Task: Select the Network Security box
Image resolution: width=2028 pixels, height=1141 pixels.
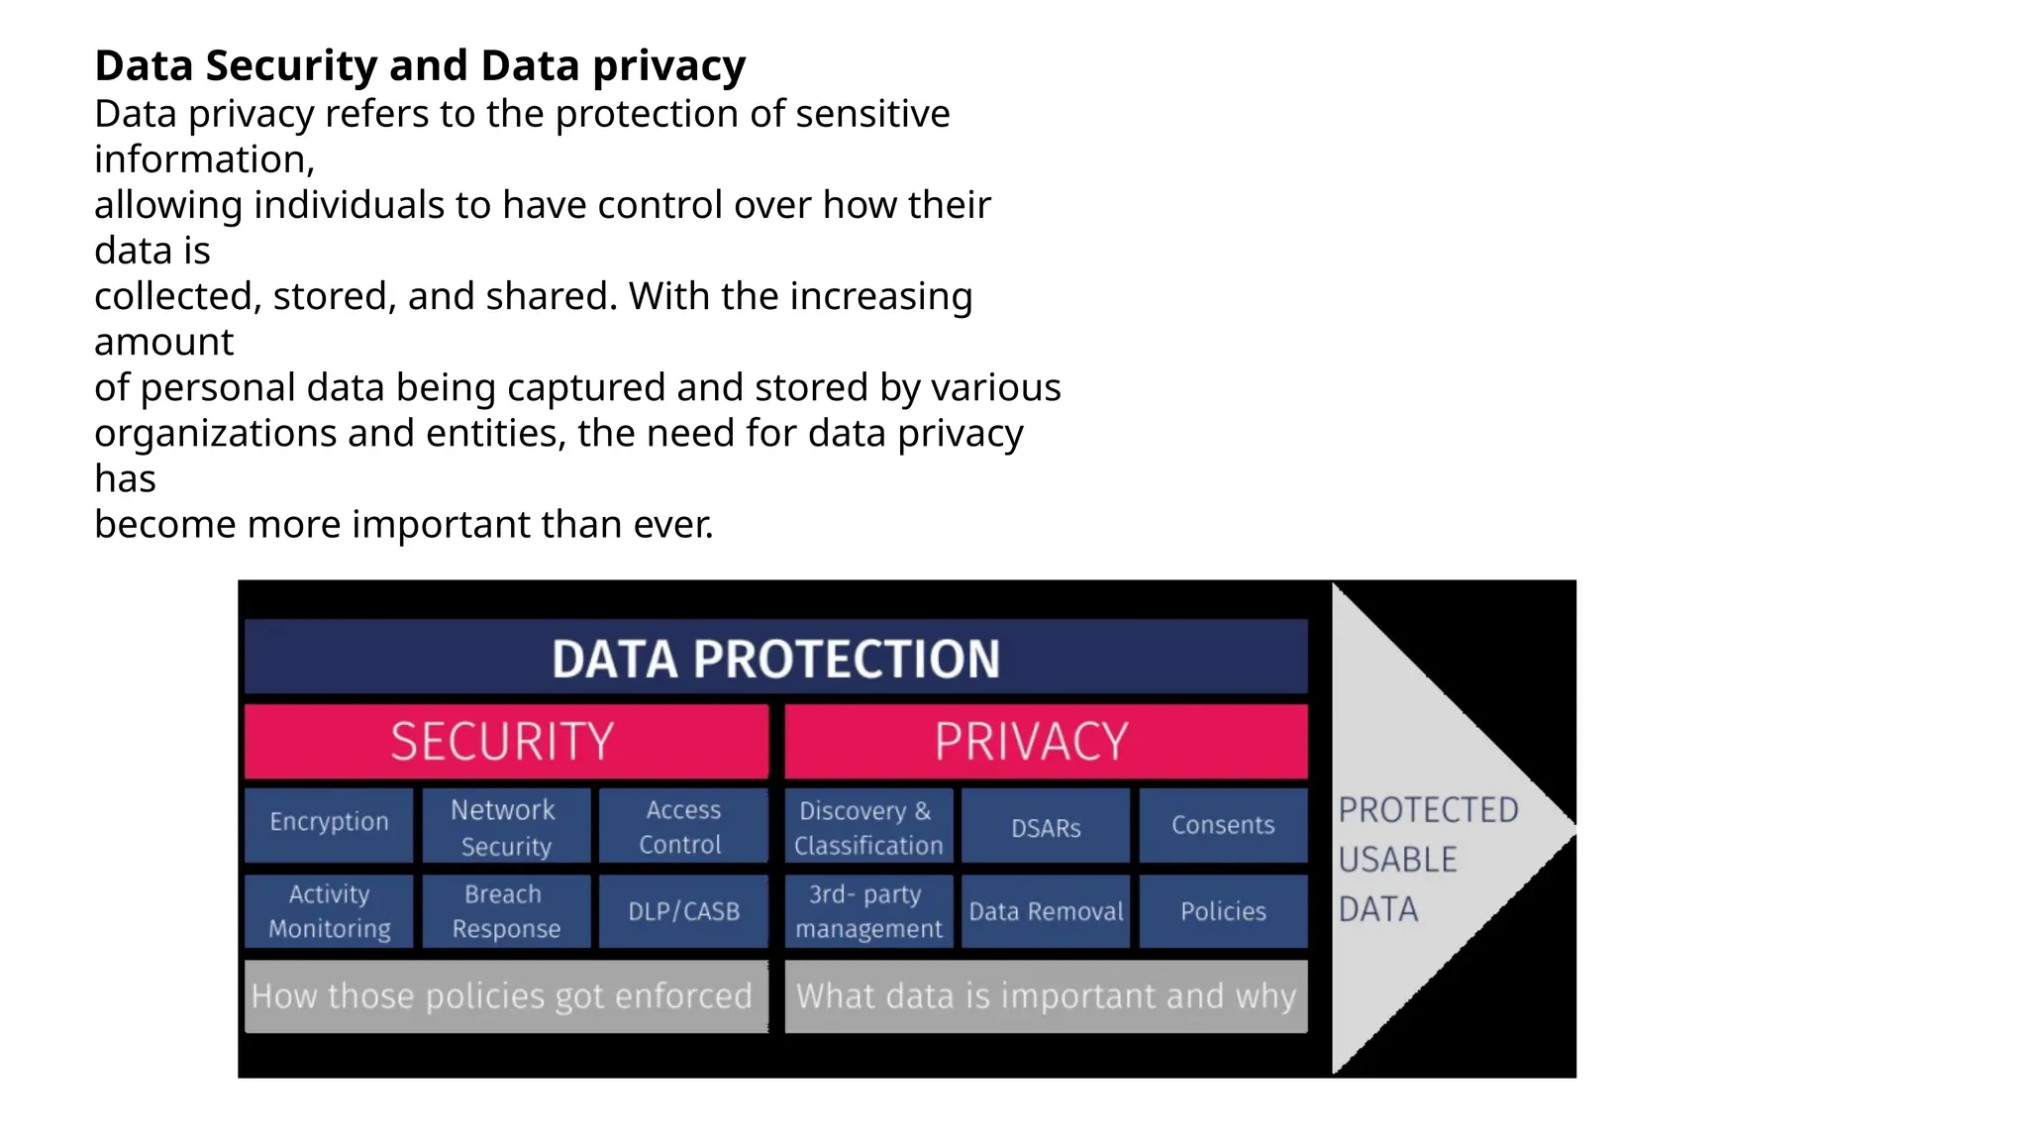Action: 506,826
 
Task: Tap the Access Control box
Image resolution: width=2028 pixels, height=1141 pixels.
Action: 683,826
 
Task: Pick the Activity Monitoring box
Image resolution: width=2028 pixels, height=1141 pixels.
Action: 329,911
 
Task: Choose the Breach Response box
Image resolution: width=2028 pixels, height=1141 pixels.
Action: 506,911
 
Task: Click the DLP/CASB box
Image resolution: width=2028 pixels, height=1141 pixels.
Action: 683,911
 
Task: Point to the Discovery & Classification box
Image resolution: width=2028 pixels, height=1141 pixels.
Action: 868,826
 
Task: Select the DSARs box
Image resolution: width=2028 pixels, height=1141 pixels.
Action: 1046,826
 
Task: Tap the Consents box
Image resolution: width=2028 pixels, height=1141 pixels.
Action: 1223,826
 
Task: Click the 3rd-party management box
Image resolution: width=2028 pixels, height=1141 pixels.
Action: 868,911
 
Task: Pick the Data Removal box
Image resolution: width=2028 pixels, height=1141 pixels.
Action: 1046,911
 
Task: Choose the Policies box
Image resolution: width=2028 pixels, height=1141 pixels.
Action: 1223,911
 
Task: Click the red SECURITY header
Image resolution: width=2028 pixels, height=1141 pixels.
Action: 506,741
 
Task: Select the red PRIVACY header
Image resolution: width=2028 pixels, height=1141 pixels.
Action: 1046,741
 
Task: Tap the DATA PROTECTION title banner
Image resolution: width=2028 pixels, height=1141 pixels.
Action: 775,658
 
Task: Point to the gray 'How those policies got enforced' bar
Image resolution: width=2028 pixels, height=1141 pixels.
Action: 506,996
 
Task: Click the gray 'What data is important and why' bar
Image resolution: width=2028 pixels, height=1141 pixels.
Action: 1046,996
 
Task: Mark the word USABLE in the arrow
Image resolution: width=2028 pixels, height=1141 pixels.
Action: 1397,860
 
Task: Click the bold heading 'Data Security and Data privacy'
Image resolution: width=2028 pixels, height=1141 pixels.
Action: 420,66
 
